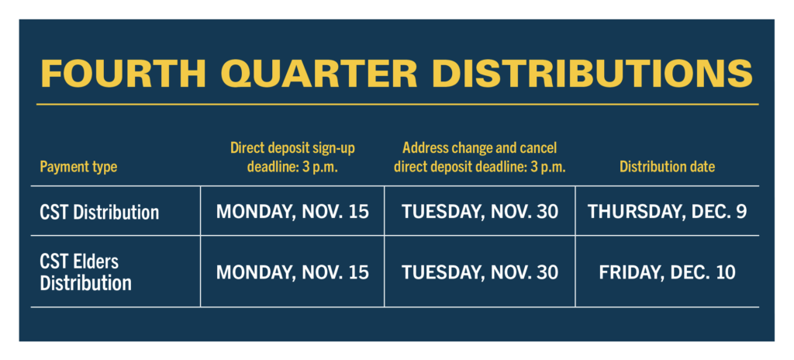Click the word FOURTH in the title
(123, 74)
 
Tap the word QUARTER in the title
(319, 74)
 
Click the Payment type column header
(78, 167)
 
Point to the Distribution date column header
(668, 167)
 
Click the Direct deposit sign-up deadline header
(292, 157)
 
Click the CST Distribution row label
(99, 212)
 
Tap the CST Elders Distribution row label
(85, 272)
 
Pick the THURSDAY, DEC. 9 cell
(667, 212)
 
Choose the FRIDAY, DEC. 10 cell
(667, 273)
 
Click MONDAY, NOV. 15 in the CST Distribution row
(292, 212)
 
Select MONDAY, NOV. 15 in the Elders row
(292, 273)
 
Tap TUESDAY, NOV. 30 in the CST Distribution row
(480, 212)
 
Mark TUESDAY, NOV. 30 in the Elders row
(480, 273)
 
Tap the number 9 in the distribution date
(740, 212)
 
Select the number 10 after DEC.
(725, 273)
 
